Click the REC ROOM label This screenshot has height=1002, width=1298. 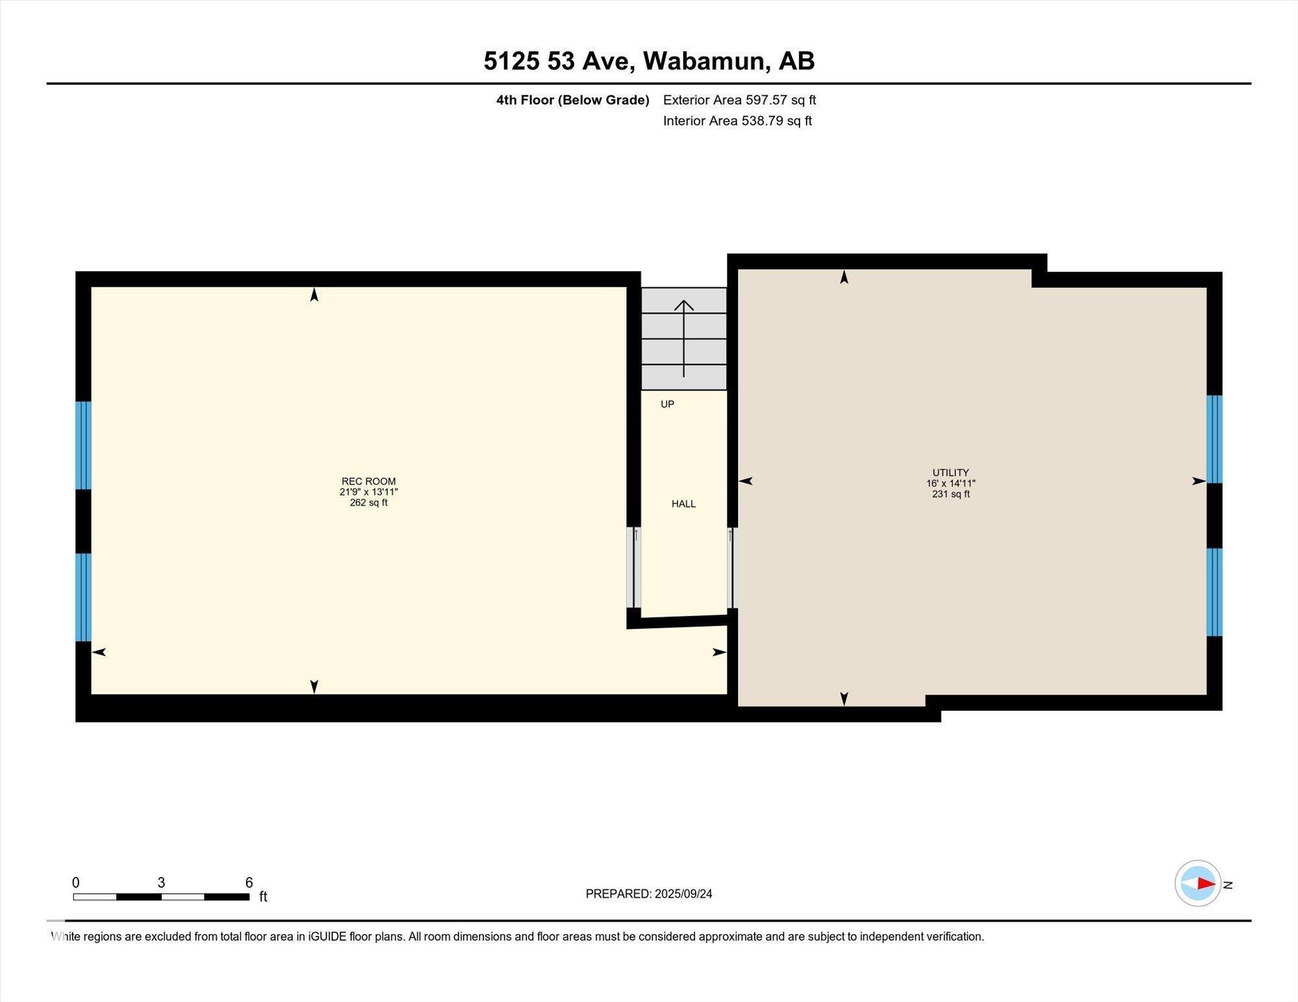pyautogui.click(x=368, y=481)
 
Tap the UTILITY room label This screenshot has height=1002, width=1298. pyautogui.click(x=950, y=473)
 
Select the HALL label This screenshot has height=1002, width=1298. pyautogui.click(x=683, y=504)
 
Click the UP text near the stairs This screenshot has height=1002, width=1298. pyautogui.click(x=667, y=404)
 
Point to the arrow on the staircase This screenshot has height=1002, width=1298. pyautogui.click(x=683, y=337)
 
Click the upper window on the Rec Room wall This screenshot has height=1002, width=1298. pyautogui.click(x=83, y=445)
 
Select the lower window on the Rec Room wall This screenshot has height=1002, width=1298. pyautogui.click(x=83, y=597)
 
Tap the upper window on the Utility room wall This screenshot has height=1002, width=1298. pyautogui.click(x=1214, y=439)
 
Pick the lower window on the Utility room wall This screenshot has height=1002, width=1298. pyautogui.click(x=1214, y=592)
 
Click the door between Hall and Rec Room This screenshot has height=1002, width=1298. pyautogui.click(x=634, y=567)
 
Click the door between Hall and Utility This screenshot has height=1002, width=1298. pyautogui.click(x=732, y=567)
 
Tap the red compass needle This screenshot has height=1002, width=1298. pyautogui.click(x=1206, y=883)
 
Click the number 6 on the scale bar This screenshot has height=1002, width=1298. pyautogui.click(x=249, y=883)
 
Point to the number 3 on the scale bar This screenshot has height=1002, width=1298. pyautogui.click(x=161, y=883)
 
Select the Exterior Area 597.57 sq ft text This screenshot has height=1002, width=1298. pyautogui.click(x=739, y=100)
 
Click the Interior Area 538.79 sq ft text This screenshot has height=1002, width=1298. pyautogui.click(x=737, y=121)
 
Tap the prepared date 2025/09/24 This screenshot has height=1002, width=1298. pyautogui.click(x=683, y=894)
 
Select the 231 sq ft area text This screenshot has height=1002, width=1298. pyautogui.click(x=950, y=494)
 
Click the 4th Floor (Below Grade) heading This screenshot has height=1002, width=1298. pyautogui.click(x=572, y=100)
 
